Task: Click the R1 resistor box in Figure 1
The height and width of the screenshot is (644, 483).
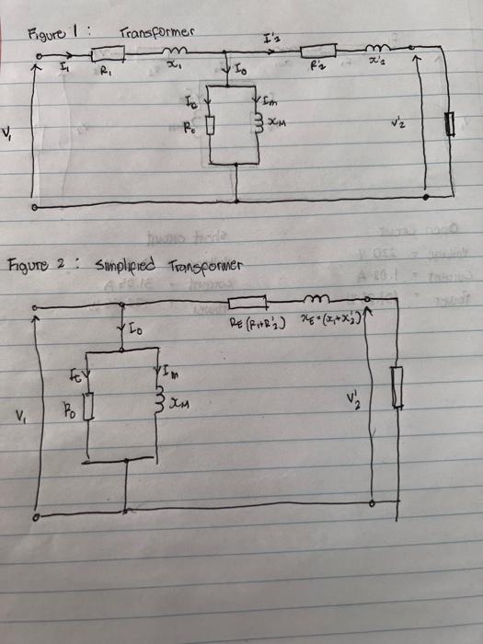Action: (x=105, y=57)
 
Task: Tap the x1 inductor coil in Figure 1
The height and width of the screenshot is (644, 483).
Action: (x=176, y=53)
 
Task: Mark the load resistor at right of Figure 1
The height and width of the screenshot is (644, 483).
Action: (x=451, y=125)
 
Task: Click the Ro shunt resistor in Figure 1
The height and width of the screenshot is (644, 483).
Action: (x=212, y=124)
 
